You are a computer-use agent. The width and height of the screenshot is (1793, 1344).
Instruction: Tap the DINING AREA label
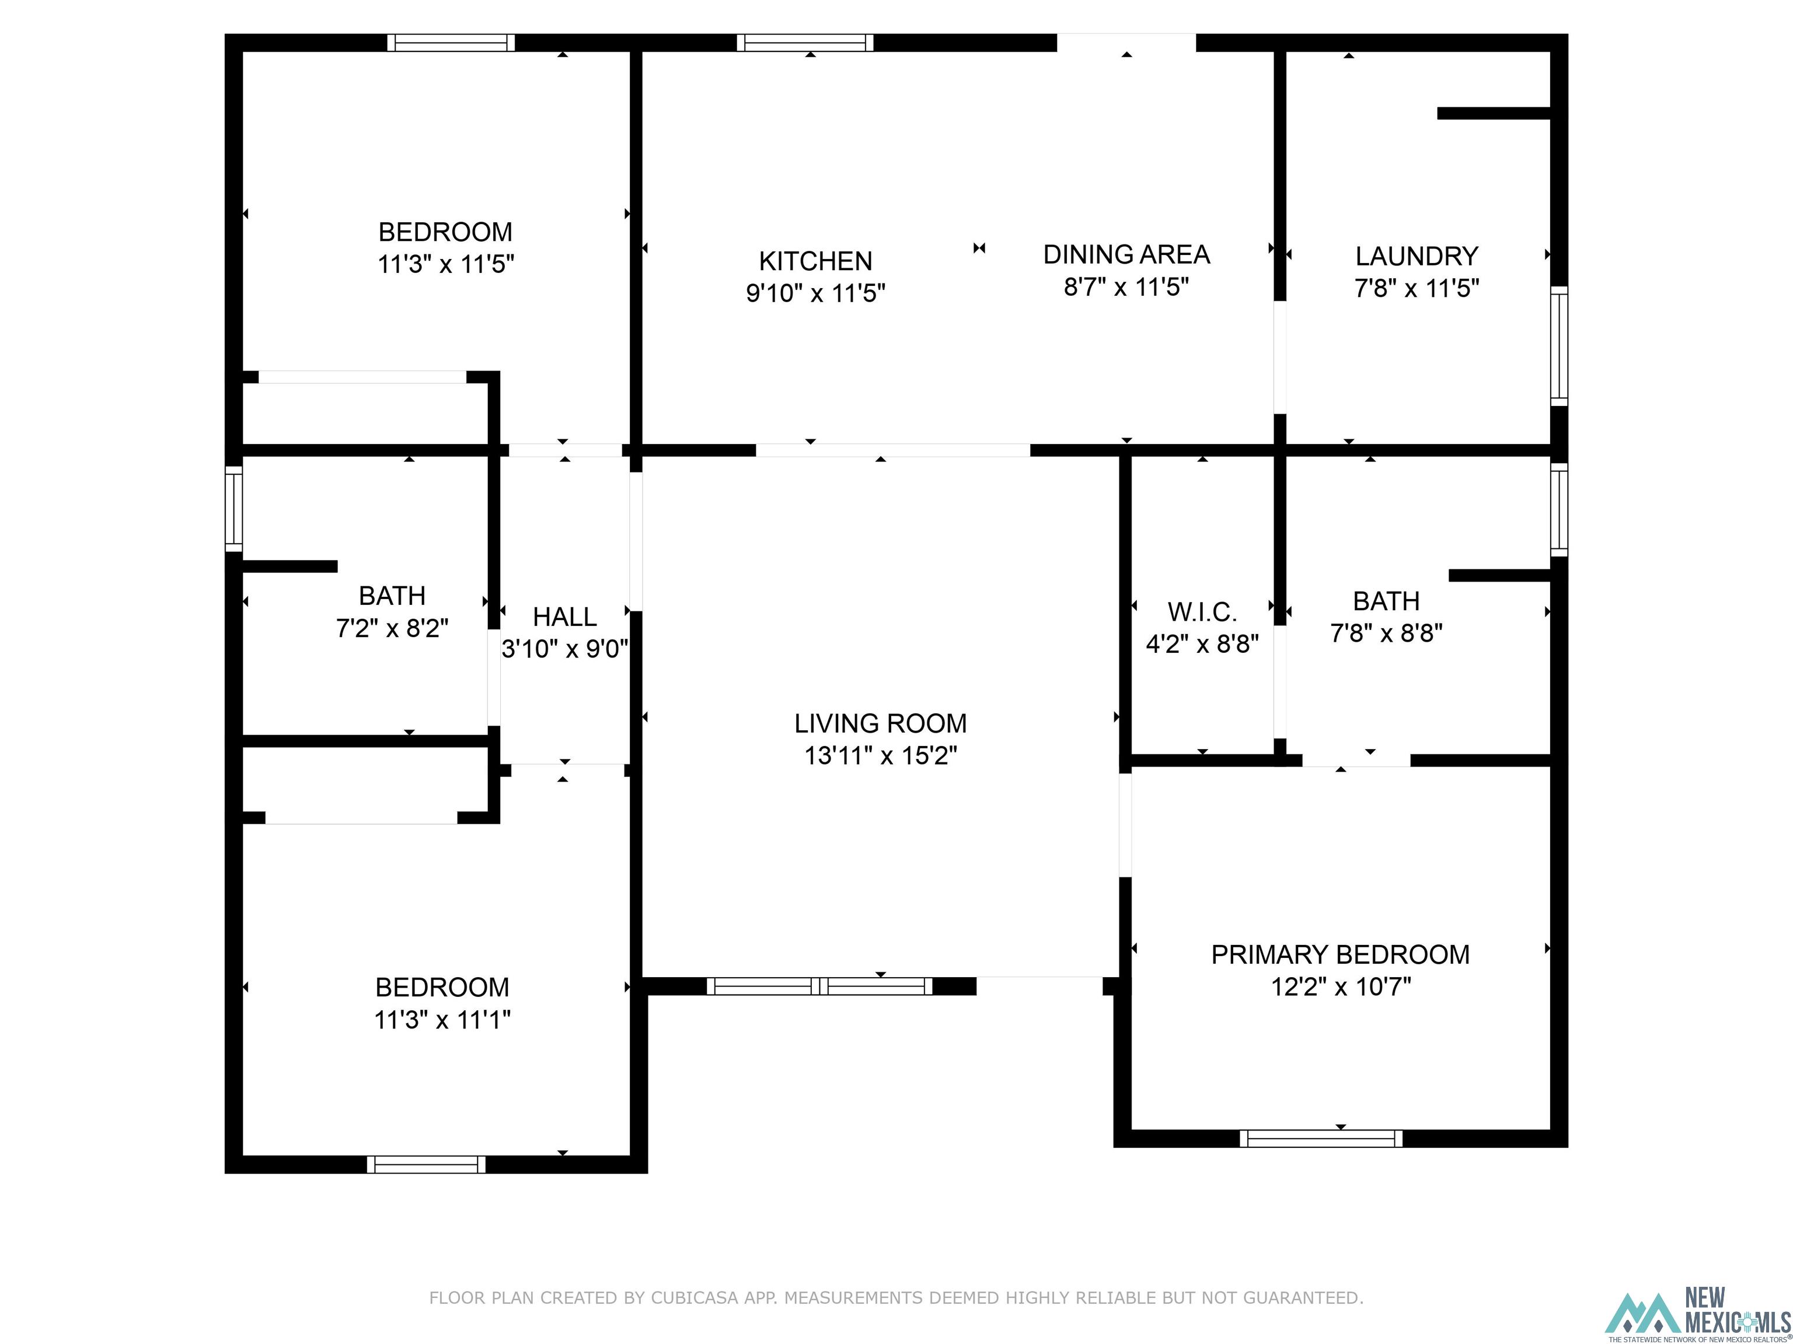pos(1126,254)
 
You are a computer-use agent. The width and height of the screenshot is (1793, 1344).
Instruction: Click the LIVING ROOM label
pos(880,723)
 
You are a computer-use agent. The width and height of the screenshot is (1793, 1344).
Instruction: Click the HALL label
pos(564,617)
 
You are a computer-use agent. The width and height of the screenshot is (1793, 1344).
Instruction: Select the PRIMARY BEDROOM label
pos(1340,954)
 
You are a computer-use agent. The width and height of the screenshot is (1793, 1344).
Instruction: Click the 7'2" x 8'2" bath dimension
pos(392,628)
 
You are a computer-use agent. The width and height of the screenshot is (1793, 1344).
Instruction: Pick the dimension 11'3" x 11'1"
pos(442,1019)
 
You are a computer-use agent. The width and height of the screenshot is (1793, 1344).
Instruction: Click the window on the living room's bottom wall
pos(819,986)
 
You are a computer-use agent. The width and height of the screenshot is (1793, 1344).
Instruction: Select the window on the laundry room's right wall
pos(1559,346)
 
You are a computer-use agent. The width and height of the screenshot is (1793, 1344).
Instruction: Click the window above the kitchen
pos(805,42)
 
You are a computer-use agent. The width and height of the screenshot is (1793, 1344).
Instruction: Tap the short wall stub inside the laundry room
pos(1493,113)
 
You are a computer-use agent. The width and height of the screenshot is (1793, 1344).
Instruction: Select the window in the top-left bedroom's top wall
pos(451,42)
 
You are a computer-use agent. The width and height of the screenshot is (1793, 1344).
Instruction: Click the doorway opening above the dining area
pos(1126,42)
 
